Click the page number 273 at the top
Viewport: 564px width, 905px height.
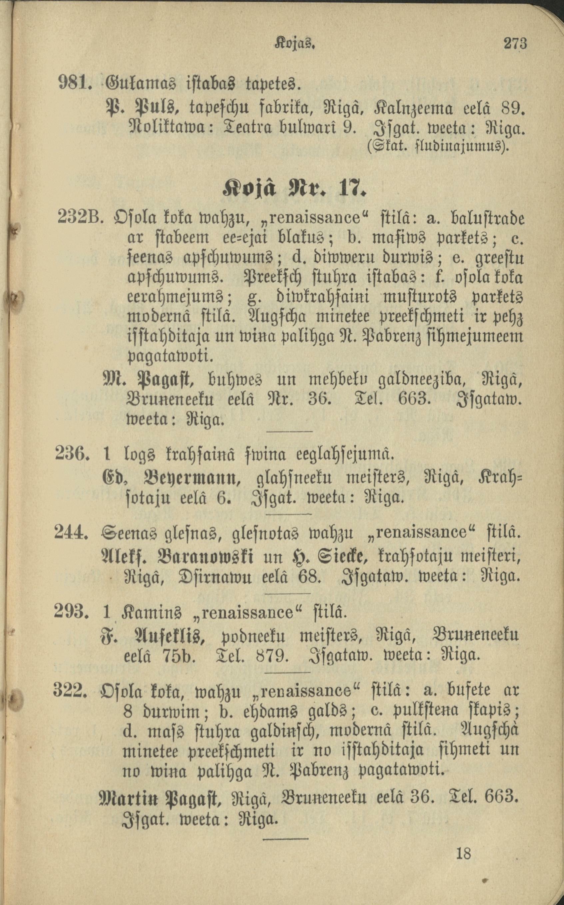pyautogui.click(x=515, y=44)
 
